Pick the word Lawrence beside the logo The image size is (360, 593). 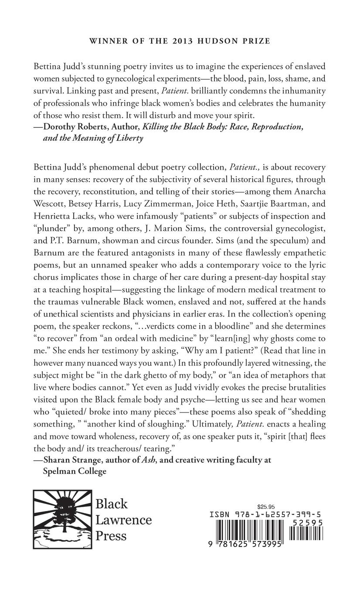pos(124,520)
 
